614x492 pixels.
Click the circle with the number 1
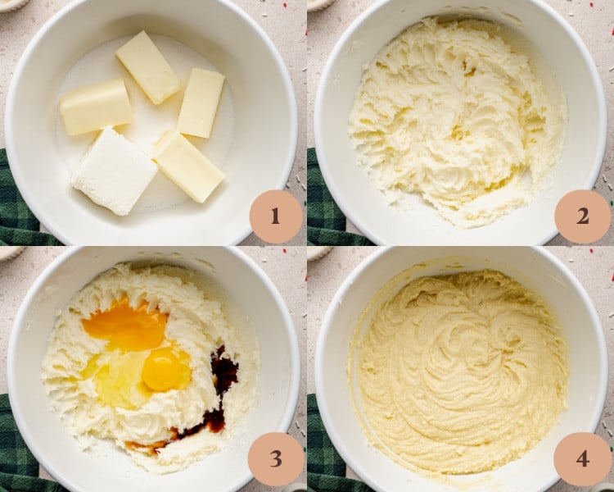(275, 216)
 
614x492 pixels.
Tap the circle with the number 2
(582, 216)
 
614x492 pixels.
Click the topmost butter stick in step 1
(147, 66)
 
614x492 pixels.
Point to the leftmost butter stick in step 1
(96, 106)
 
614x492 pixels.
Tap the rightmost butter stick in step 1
(201, 102)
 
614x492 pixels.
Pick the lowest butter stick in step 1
(187, 166)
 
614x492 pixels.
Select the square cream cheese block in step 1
(115, 171)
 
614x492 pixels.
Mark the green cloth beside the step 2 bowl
(323, 205)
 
